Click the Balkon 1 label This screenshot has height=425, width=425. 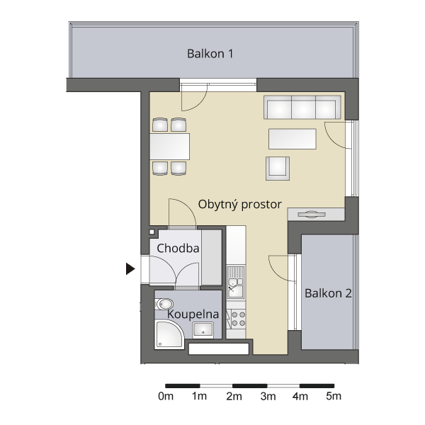pos(210,54)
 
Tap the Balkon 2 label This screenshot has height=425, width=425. pos(328,293)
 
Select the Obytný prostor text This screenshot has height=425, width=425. pos(240,205)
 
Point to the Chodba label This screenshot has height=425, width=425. pos(178,248)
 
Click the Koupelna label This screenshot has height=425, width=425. pos(193,314)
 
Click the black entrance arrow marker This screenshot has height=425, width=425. pos(130,268)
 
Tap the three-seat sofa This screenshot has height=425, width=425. pos(302,107)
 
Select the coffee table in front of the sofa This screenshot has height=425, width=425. pos(292,139)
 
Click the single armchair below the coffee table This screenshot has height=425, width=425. pos(278,169)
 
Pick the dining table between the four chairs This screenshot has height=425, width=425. pos(170,147)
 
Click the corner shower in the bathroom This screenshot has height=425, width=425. pos(168,335)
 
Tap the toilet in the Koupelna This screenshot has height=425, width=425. pos(164,304)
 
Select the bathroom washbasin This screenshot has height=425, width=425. pos(203,330)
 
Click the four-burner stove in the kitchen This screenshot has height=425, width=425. pos(236,319)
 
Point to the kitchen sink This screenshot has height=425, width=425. pos(236,282)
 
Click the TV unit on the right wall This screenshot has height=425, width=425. pos(316,215)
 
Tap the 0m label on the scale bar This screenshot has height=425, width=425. pos(166,396)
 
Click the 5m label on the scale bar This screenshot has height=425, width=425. pos(334,396)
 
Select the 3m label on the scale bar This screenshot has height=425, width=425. pos(268,396)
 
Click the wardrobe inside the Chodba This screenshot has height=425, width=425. pos(211,257)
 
